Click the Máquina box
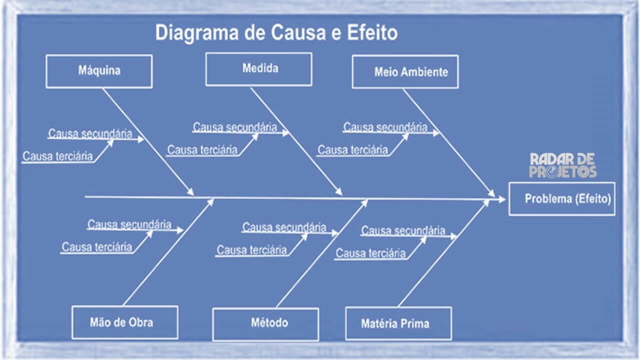(x=99, y=71)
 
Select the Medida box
(x=258, y=69)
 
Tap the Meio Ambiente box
(x=405, y=71)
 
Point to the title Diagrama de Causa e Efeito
(x=276, y=33)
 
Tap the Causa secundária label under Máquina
(x=90, y=133)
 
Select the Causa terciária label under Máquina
(x=57, y=156)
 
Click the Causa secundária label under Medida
(x=235, y=127)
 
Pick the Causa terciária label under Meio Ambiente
(x=352, y=149)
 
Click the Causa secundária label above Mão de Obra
(x=129, y=224)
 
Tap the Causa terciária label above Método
(x=251, y=250)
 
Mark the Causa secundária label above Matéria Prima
(x=403, y=230)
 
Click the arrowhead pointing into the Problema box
(x=502, y=199)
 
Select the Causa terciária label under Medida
(x=202, y=149)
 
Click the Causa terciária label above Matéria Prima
(x=370, y=253)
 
